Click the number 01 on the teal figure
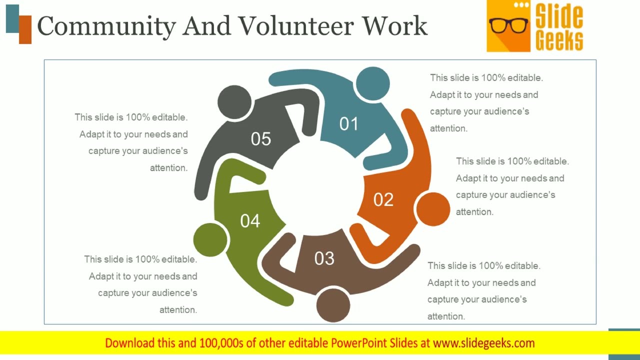point(348,124)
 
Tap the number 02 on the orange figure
point(383,200)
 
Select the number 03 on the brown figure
point(324,258)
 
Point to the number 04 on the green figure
point(250,220)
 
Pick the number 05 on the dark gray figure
point(261,139)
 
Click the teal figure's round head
point(372,83)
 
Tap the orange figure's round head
point(432,209)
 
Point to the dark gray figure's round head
point(234,102)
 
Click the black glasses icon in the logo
point(508,25)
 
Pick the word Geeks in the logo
point(559,40)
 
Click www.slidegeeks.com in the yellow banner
point(483,343)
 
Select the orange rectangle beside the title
point(25,29)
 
